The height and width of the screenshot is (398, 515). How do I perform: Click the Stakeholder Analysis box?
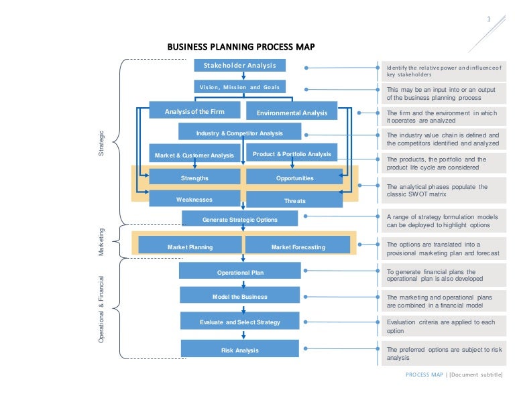click(240, 65)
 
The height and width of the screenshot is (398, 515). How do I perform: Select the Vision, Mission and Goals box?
click(240, 86)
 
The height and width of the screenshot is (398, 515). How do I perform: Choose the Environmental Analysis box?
click(292, 111)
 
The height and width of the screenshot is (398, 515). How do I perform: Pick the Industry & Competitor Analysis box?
click(240, 131)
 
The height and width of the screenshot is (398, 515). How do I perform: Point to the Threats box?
click(294, 200)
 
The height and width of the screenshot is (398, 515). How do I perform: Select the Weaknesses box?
click(194, 198)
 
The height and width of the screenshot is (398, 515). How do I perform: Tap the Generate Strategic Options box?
click(240, 218)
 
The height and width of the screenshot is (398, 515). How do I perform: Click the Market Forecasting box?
click(298, 245)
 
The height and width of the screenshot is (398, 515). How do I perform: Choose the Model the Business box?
click(240, 295)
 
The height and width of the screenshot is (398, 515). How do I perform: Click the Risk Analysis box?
click(240, 348)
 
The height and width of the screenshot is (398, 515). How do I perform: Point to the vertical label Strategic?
click(101, 143)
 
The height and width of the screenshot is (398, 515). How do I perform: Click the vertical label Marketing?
click(101, 242)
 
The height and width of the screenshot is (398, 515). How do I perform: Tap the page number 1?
click(489, 19)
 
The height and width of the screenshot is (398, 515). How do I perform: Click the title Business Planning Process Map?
click(241, 47)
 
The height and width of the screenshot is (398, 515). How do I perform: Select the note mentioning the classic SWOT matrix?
click(444, 190)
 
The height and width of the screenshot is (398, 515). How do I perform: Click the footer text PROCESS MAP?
click(424, 375)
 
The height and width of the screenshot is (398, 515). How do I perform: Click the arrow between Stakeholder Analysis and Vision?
click(243, 76)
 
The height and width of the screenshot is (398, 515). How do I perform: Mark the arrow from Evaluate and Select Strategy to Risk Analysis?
click(243, 334)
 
